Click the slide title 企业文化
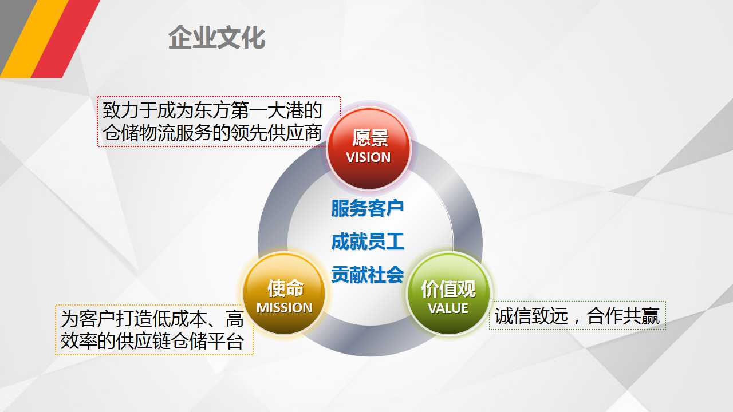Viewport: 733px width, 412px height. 216,38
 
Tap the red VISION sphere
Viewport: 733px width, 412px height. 369,148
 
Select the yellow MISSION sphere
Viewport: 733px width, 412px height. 284,294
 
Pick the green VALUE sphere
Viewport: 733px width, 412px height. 448,294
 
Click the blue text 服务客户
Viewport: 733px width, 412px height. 368,208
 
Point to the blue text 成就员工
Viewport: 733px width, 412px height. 368,241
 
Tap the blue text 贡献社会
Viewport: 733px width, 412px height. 368,274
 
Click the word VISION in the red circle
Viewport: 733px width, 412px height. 368,157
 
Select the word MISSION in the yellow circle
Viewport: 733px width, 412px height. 284,308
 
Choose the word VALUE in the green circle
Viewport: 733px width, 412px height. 448,308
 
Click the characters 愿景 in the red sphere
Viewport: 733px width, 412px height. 371,138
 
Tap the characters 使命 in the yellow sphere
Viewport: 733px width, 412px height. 285,288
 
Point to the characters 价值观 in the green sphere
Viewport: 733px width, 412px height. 448,289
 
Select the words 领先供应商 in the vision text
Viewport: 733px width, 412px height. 276,133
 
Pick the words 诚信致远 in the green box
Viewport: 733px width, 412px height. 531,316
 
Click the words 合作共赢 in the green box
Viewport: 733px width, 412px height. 623,316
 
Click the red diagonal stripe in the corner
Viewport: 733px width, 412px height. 65,38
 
